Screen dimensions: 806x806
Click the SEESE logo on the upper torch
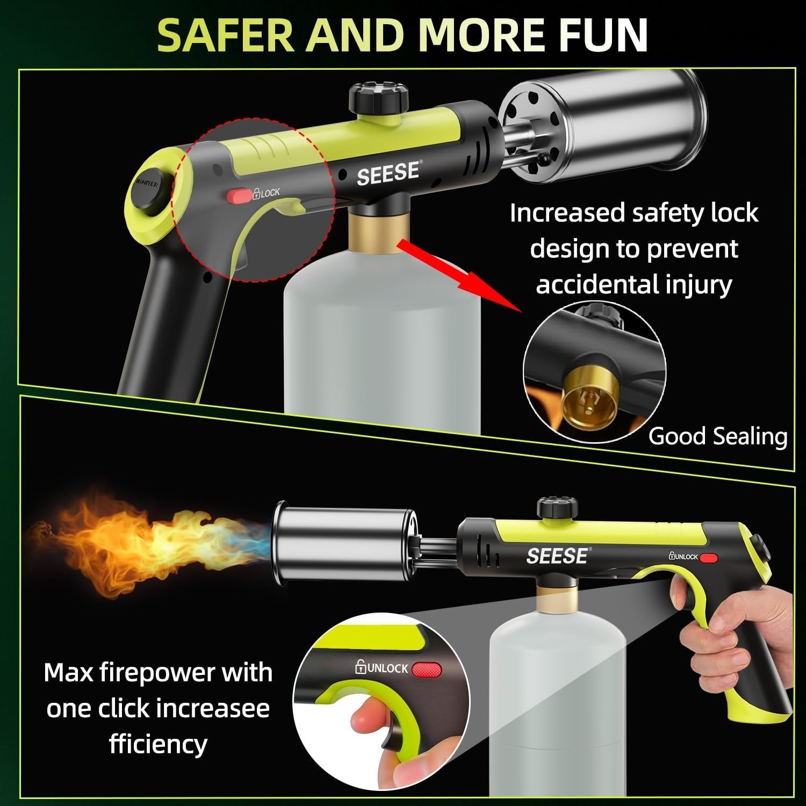click(387, 173)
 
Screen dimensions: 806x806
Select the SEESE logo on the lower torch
click(556, 556)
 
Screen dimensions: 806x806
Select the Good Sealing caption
click(717, 436)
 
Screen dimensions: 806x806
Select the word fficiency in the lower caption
click(158, 745)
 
